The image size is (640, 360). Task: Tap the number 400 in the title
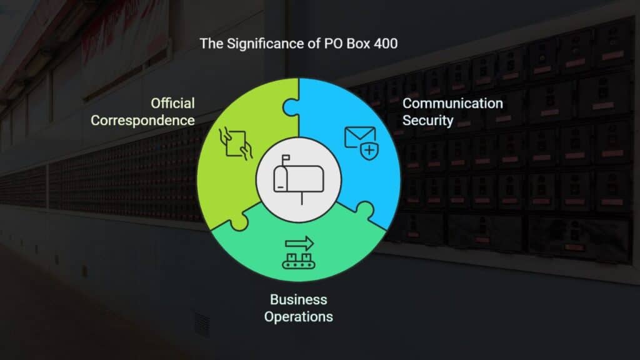tap(385, 44)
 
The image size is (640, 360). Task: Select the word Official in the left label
tap(172, 103)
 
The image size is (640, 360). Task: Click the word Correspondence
tap(142, 121)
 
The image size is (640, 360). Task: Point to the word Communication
tap(452, 103)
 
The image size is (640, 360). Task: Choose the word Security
tap(427, 121)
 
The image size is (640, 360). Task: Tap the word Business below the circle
tap(298, 299)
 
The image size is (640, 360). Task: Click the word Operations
tap(298, 317)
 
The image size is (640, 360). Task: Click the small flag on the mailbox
tap(286, 158)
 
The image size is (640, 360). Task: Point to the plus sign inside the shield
tap(369, 151)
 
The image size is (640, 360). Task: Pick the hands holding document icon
tap(236, 143)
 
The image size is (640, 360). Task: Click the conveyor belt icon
tap(299, 261)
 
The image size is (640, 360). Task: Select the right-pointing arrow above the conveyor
tap(299, 244)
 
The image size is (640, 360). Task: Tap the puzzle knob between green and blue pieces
tap(291, 107)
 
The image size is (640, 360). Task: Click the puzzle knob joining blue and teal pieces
tap(364, 210)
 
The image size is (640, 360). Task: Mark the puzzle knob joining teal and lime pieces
tap(239, 222)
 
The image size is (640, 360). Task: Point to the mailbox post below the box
tap(302, 198)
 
